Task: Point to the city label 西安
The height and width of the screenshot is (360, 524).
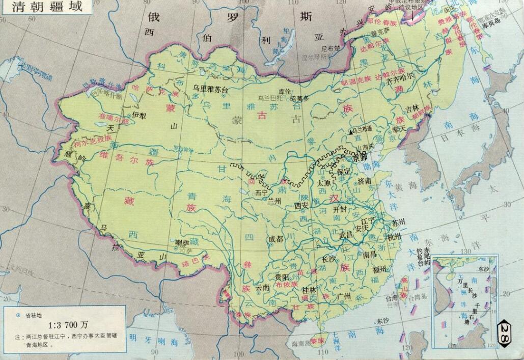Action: [301, 206]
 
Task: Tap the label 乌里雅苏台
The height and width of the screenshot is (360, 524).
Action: [211, 89]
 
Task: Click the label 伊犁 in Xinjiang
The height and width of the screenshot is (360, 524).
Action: [139, 114]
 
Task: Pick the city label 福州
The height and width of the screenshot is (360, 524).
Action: [380, 269]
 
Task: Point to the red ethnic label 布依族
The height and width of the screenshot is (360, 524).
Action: [286, 286]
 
